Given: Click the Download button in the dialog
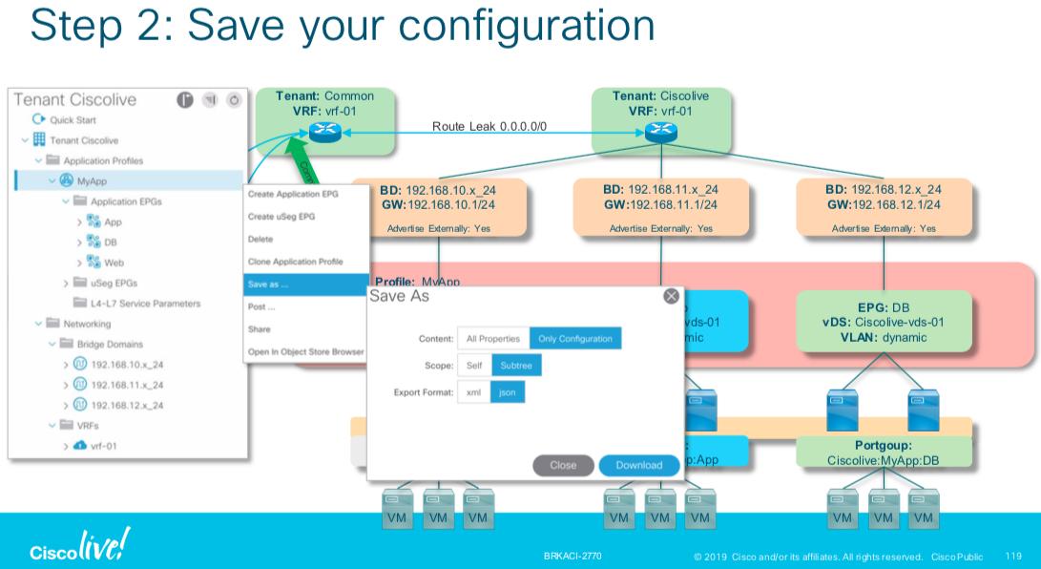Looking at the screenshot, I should point(638,465).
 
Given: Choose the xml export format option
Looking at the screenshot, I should point(473,392).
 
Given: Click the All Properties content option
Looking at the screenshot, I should point(492,339).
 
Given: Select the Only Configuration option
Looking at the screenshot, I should point(575,339).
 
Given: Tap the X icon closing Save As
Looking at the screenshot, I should point(671,296).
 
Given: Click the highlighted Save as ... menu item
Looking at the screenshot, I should point(305,284).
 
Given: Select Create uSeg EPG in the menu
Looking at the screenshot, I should point(281,216).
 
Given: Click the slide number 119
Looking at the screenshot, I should point(1012,553).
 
